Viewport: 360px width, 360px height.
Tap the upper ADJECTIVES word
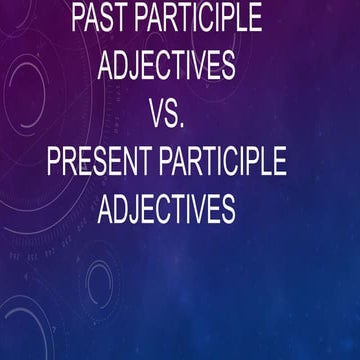(x=167, y=66)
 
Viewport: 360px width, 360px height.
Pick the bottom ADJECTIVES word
(x=167, y=209)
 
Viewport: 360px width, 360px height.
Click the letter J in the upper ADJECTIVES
(x=140, y=67)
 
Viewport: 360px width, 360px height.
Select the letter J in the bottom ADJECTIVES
(x=140, y=210)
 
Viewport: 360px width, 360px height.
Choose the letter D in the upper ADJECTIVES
(x=124, y=66)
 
